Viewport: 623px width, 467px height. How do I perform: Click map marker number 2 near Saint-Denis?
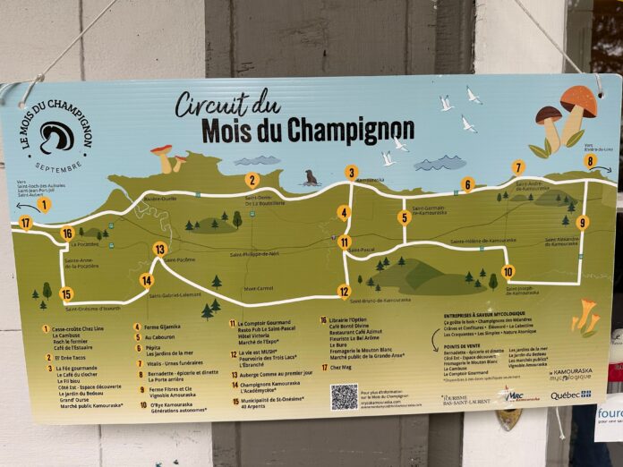point(252,179)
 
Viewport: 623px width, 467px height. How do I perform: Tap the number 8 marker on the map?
point(589,162)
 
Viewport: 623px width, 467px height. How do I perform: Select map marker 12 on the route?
point(344,291)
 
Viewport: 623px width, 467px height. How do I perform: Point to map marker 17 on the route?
point(25,223)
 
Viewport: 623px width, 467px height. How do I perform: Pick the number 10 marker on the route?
point(508,272)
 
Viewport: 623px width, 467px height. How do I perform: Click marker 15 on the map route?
point(66,293)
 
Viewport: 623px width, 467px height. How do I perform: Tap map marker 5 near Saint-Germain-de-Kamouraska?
point(405,217)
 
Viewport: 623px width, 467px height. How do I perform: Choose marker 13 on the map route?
point(159,250)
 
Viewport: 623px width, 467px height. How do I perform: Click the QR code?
point(344,396)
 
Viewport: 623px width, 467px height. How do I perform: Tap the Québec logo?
point(570,395)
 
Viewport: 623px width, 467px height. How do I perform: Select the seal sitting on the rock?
point(311,178)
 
